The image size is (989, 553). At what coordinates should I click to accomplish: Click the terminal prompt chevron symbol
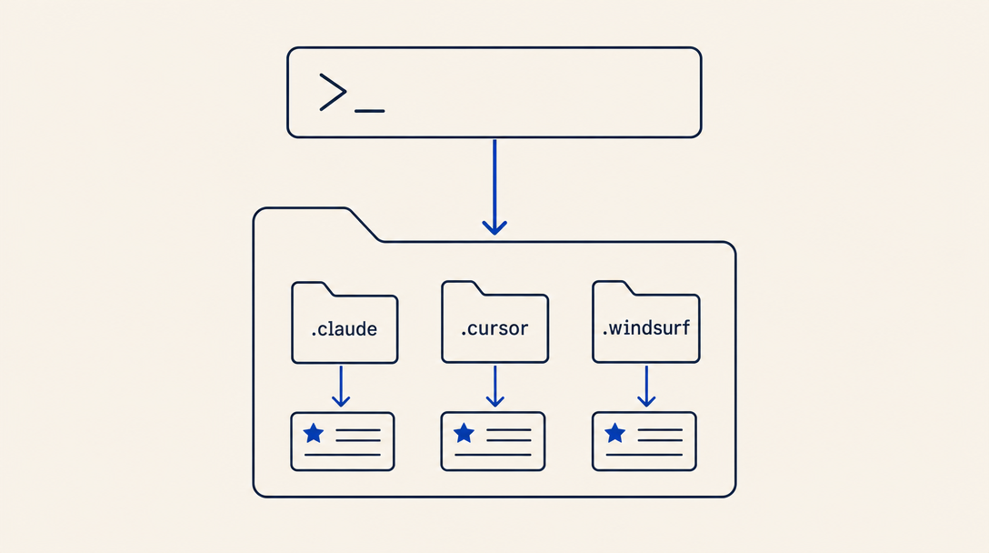coord(333,92)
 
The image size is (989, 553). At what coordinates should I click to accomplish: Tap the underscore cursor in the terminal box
coord(370,111)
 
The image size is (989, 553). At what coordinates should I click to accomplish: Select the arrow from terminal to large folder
coord(494,186)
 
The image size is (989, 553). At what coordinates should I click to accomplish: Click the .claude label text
coord(345,328)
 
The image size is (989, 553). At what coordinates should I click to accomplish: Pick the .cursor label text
coord(494,327)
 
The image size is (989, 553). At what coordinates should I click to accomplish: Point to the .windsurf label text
coord(646,327)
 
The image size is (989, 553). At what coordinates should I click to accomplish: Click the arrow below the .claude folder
coord(341,386)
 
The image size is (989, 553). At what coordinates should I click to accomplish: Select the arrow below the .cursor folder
coord(495,386)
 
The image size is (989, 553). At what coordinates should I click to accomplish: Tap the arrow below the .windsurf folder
coord(646,386)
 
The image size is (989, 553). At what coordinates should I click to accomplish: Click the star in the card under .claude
coord(314,434)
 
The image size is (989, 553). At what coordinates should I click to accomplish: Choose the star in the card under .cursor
coord(464,433)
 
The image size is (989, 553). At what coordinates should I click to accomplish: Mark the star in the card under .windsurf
coord(615,433)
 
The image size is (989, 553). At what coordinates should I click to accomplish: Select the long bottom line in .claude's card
coord(343,455)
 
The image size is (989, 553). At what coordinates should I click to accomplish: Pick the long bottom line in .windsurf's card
coord(644,455)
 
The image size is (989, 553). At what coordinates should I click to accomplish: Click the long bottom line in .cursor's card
coord(493,455)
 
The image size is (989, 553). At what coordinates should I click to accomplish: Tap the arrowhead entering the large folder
coord(494,228)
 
